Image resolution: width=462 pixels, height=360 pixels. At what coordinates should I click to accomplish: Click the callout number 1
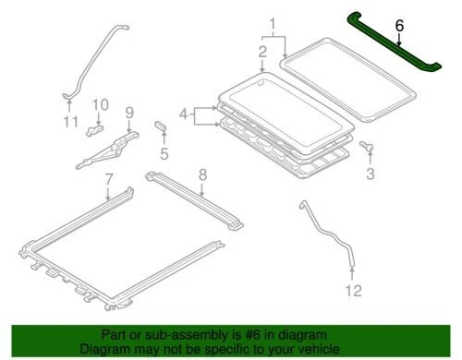click(272, 23)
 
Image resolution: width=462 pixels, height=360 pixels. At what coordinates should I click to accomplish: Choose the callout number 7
click(109, 177)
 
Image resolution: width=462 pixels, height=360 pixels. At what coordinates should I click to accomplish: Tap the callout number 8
click(202, 174)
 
